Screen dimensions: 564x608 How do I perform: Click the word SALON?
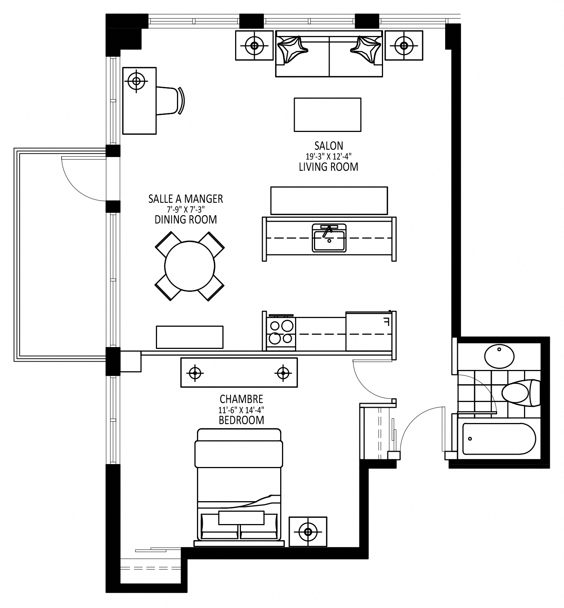click(x=329, y=146)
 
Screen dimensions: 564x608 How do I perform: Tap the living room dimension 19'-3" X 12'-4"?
click(x=329, y=157)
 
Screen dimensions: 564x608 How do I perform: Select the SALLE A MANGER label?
click(x=185, y=199)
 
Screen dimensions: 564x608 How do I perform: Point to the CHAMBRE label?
click(x=241, y=399)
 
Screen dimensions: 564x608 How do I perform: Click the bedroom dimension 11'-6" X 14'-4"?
click(x=241, y=410)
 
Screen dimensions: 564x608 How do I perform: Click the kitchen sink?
click(x=329, y=238)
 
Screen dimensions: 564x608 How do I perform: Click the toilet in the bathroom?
click(x=520, y=392)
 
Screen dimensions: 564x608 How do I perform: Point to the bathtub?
click(x=499, y=439)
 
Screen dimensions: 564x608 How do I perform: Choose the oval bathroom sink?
click(x=500, y=356)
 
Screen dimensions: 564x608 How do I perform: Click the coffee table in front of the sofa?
click(x=327, y=114)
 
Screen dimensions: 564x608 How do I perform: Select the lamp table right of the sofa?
click(x=404, y=45)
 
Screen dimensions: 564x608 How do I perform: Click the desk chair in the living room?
click(x=170, y=101)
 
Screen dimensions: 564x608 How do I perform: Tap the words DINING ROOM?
click(x=186, y=220)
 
